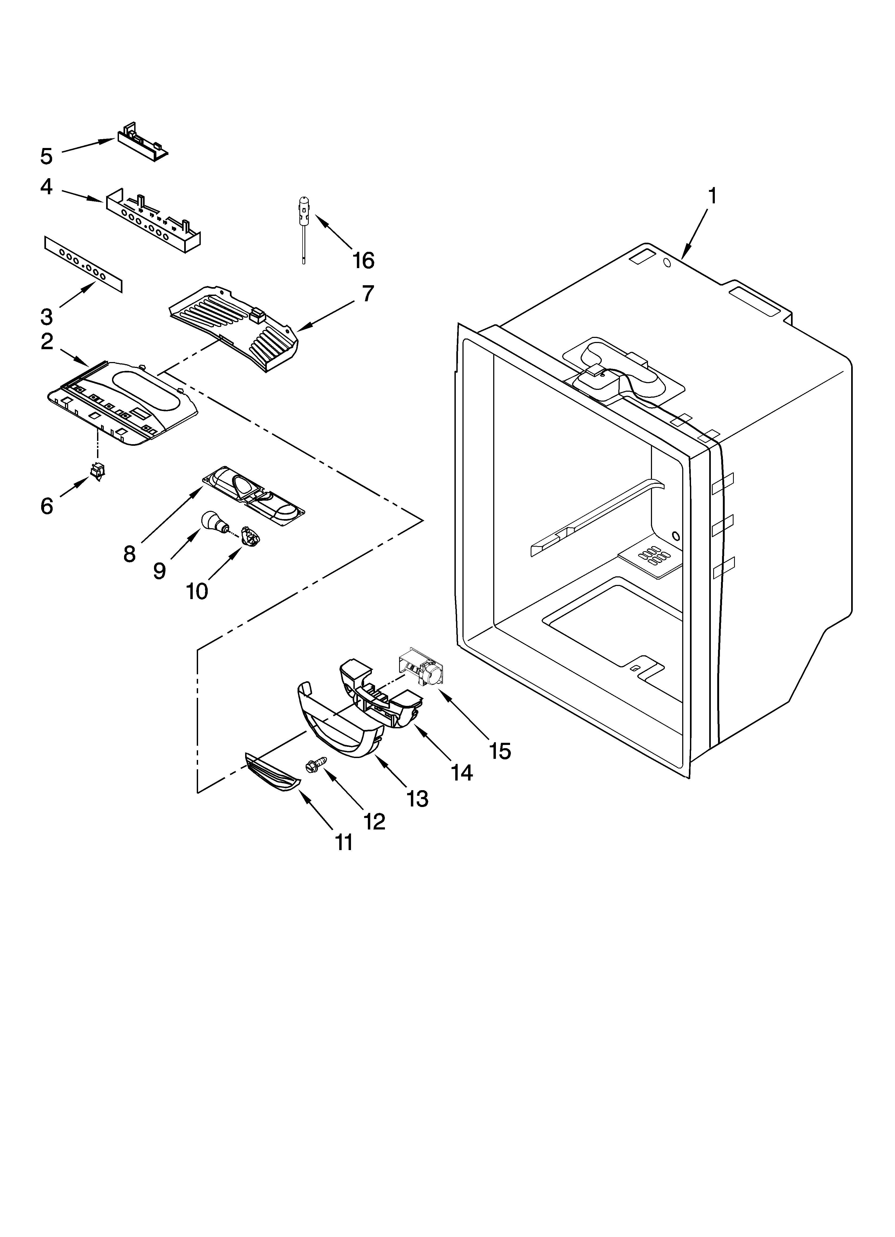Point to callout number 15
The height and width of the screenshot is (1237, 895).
tap(500, 751)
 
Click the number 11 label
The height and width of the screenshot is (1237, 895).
tap(344, 843)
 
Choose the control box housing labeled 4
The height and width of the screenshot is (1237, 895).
tap(153, 218)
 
